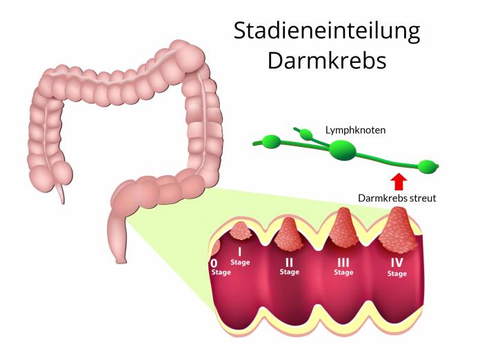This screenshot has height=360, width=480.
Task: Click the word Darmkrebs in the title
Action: point(327,60)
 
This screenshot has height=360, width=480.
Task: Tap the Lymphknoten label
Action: point(355,130)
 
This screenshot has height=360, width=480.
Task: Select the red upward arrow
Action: point(399,182)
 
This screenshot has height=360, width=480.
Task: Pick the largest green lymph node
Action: point(343,150)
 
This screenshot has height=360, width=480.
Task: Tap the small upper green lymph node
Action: point(306,134)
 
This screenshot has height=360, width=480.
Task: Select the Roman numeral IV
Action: point(397,263)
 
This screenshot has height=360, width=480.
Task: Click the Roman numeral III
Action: point(343,262)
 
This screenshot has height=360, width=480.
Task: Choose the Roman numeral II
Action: point(289,262)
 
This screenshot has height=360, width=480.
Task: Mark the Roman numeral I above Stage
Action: point(240,252)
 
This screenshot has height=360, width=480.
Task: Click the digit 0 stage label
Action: point(214,263)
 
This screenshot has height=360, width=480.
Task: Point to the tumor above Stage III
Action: point(343,228)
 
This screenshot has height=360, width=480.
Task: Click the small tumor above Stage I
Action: point(241,231)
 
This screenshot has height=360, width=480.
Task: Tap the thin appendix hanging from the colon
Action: point(60,193)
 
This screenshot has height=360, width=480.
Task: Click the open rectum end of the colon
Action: point(121,261)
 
